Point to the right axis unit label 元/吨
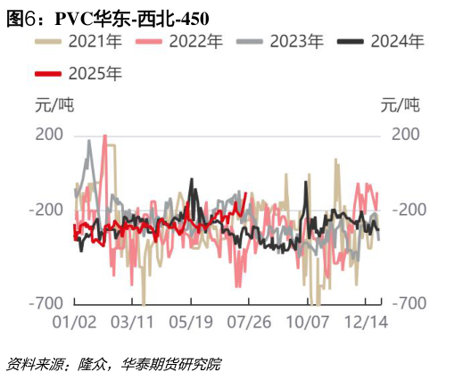click(400, 105)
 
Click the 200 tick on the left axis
click(51, 135)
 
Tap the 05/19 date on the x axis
click(191, 322)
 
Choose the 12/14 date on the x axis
click(366, 322)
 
